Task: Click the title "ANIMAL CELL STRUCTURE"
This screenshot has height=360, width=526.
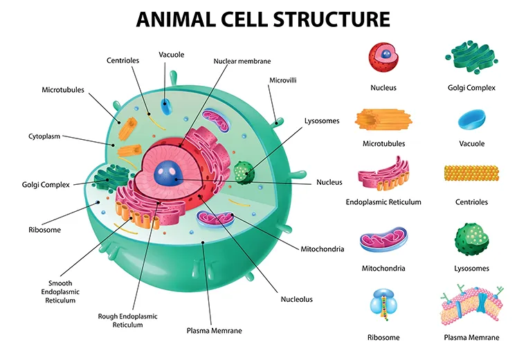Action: click(x=262, y=19)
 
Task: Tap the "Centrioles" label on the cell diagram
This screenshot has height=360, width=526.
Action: click(x=123, y=60)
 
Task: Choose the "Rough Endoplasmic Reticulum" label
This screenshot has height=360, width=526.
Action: click(x=127, y=320)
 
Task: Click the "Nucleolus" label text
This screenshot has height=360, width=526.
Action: click(x=296, y=299)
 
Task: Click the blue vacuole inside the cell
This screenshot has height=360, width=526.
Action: click(x=166, y=106)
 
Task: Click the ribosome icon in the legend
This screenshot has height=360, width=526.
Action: click(x=383, y=305)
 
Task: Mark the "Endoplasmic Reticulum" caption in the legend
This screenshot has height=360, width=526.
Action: click(x=383, y=202)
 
